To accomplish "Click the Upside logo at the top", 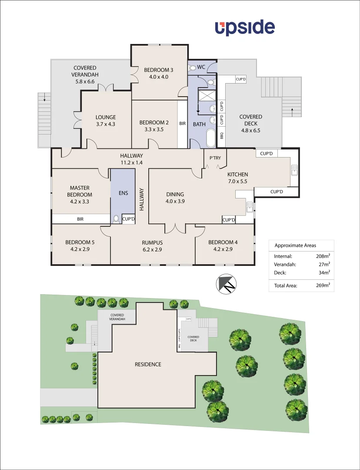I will [x=245, y=27].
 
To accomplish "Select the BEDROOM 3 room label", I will [x=159, y=70].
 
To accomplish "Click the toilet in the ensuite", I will [x=116, y=219].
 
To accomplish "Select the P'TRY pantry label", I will [x=215, y=158].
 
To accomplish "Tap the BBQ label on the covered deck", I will [x=221, y=135].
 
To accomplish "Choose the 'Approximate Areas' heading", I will [x=295, y=245].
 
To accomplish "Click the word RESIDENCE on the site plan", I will [x=148, y=364].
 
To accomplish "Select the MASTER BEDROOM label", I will [x=80, y=191].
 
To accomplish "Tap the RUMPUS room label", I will [x=152, y=242].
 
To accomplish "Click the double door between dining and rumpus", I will [x=175, y=228].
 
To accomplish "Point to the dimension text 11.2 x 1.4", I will [x=131, y=162].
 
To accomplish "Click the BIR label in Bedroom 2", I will [x=183, y=124].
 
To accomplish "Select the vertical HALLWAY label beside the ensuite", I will [x=141, y=199].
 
